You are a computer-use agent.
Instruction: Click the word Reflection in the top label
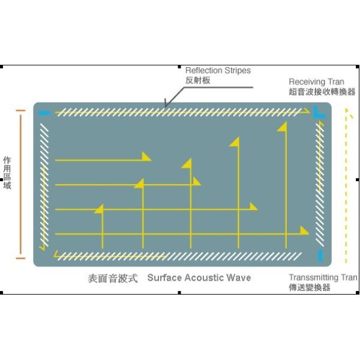click(204, 70)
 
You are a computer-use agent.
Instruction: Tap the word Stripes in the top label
click(238, 70)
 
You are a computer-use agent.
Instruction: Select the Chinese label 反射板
click(198, 80)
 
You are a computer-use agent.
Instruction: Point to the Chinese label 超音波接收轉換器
click(322, 92)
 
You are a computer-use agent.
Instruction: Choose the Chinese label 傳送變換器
click(309, 287)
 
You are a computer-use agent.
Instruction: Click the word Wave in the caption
click(239, 278)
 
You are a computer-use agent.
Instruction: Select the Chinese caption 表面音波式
click(113, 278)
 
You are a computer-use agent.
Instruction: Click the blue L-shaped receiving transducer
click(319, 112)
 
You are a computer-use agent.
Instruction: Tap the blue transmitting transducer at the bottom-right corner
click(320, 255)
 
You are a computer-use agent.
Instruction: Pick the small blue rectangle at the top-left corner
click(43, 113)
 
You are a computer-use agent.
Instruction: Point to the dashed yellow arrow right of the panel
click(346, 186)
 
